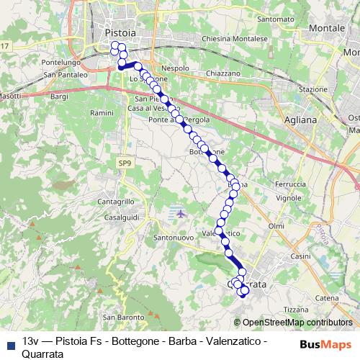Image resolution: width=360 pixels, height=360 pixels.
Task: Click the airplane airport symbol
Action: tap(180, 213)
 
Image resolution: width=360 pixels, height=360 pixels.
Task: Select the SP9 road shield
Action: tap(125, 164)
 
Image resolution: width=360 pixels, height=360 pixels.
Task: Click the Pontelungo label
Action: tap(63, 63)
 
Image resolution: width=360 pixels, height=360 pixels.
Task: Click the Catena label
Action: tap(326, 297)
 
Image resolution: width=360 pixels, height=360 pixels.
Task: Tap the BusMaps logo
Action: tap(325, 344)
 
